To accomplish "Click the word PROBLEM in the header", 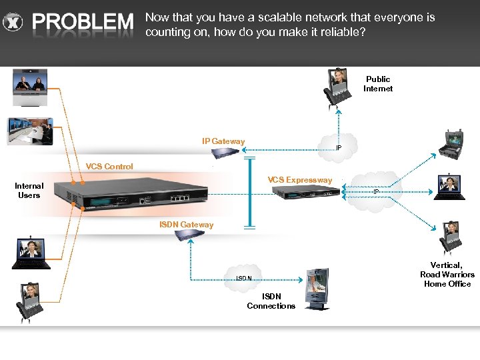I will pos(83,23).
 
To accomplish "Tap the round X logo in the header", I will pos(12,23).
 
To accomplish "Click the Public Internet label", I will pos(377,84).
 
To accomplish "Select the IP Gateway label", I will pos(223,141).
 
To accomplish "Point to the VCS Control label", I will pos(109,167).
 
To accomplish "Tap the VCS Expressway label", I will pos(299,180).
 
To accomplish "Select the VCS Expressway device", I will pos(303,193).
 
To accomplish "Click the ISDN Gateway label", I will pos(187,225).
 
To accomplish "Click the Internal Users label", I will pos(29,191).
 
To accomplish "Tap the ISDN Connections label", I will pos(271,301).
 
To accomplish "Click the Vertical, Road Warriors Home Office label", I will pos(447,275).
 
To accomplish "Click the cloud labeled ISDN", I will pos(245,277).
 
